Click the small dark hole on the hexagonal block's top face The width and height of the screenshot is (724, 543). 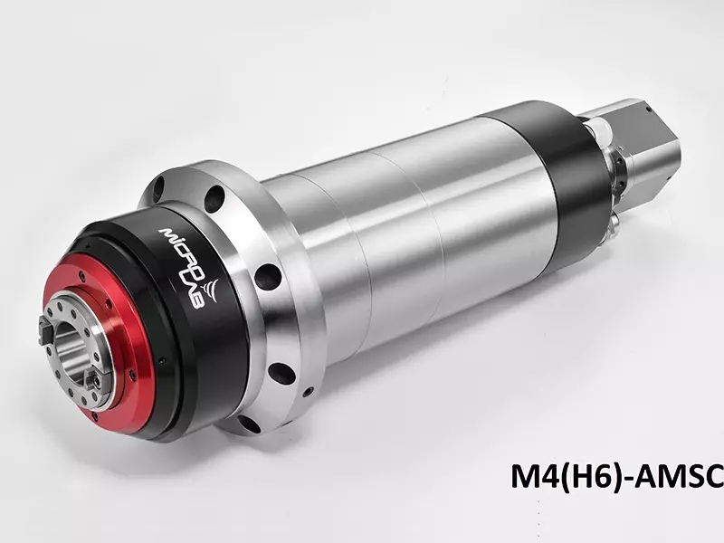[x=648, y=110]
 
